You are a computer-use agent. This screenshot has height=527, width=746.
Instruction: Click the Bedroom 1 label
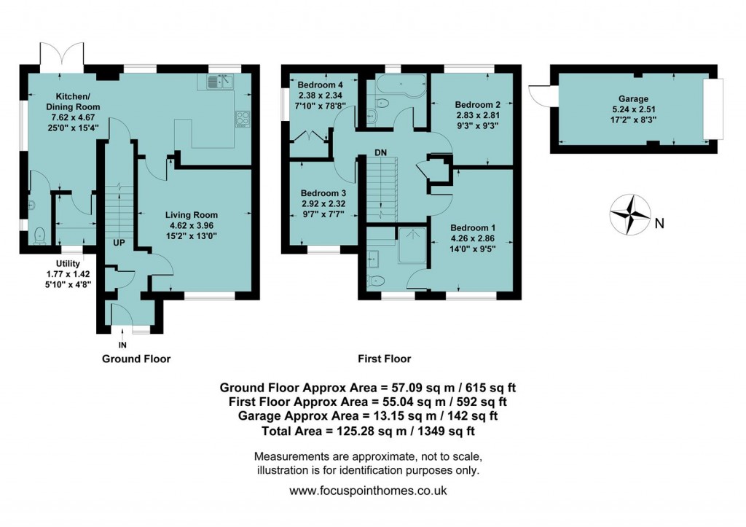click(x=473, y=227)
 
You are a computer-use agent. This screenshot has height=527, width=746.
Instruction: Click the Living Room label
click(x=191, y=214)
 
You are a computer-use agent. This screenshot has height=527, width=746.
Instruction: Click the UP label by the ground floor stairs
click(x=119, y=242)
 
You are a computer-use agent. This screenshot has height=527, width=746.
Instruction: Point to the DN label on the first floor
click(x=381, y=152)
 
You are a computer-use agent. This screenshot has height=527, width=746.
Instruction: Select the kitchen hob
click(x=242, y=118)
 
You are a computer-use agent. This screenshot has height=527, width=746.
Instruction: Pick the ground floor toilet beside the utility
click(x=39, y=235)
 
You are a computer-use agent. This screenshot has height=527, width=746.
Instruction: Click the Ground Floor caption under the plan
click(x=136, y=359)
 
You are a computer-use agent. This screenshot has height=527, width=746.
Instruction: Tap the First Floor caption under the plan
click(x=384, y=359)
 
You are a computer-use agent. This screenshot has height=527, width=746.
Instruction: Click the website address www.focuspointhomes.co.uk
click(x=368, y=491)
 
